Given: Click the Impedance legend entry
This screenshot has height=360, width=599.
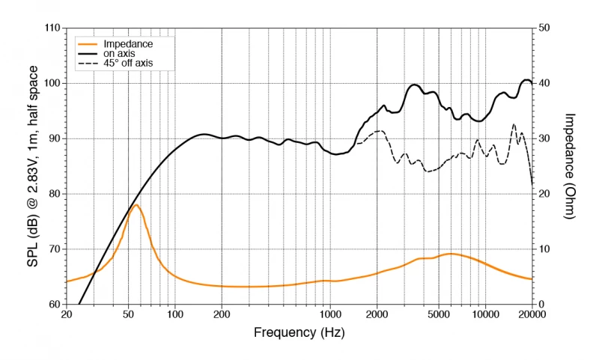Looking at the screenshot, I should click(x=128, y=44).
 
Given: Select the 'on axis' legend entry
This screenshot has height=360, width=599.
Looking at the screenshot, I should click(x=120, y=54).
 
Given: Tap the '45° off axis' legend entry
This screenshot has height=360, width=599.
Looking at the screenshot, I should click(x=128, y=64).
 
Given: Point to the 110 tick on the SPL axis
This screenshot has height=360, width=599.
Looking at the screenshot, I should click(x=52, y=28).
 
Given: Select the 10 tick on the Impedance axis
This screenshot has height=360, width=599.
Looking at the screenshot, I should click(x=545, y=248).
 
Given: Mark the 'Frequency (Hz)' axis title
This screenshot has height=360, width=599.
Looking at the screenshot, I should click(x=299, y=332).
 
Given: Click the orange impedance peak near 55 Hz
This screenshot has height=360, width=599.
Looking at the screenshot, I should click(x=136, y=205).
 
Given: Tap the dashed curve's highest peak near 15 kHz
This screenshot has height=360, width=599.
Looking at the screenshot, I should click(x=514, y=124).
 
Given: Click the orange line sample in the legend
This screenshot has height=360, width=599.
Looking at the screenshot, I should click(x=88, y=44).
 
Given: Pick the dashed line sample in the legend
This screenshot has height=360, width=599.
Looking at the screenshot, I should click(x=88, y=64).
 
